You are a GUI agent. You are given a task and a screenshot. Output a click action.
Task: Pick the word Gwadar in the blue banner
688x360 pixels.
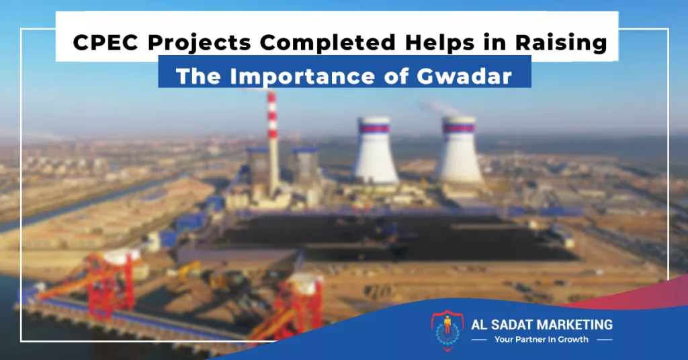pyautogui.click(x=464, y=77)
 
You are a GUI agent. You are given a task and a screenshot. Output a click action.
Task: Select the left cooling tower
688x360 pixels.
pyautogui.click(x=376, y=150)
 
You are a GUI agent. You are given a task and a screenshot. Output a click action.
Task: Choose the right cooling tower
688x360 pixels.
pyautogui.click(x=460, y=150)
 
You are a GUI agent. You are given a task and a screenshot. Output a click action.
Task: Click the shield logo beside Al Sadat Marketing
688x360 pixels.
pyautogui.click(x=447, y=330)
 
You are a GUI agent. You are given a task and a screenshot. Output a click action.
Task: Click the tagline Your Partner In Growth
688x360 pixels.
pyautogui.click(x=542, y=339)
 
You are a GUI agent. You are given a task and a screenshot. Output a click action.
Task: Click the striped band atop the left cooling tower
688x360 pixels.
pyautogui.click(x=374, y=128)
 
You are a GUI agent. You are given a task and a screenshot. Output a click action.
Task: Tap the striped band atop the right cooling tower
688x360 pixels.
pyautogui.click(x=459, y=128)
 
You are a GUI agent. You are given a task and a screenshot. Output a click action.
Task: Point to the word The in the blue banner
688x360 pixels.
pyautogui.click(x=198, y=77)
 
